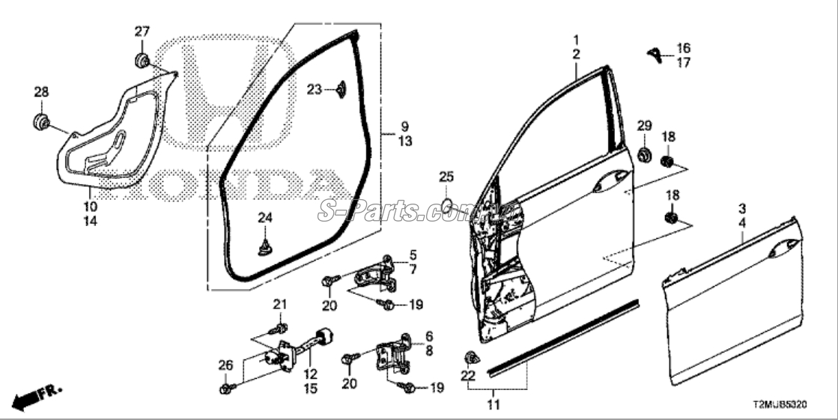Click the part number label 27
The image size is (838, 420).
[142, 31]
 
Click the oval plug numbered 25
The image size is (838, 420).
[446, 204]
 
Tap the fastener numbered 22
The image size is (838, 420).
[472, 356]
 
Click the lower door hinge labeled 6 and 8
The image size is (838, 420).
[395, 358]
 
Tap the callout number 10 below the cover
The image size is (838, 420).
[90, 206]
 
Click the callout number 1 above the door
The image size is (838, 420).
[576, 39]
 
